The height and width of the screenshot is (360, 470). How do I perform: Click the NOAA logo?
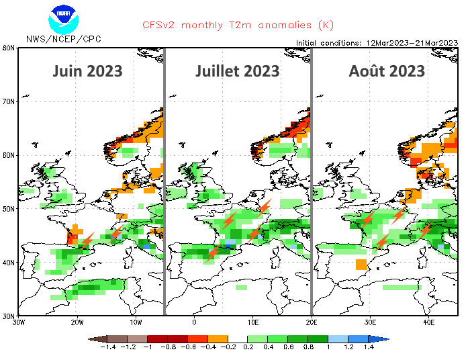[63, 17]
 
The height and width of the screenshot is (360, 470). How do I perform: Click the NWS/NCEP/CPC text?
[63, 39]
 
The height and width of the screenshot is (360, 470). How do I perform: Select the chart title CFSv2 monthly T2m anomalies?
[238, 25]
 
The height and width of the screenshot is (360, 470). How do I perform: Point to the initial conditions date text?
[376, 42]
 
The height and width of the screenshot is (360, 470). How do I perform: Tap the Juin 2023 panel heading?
[87, 71]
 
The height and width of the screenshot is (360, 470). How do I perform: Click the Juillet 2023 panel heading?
[237, 71]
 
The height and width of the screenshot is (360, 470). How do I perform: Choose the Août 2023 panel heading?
[387, 71]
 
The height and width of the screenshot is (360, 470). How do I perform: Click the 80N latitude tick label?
[9, 48]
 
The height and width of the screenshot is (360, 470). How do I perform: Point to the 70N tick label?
[9, 102]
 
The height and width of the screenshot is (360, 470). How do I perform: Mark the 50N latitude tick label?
[9, 209]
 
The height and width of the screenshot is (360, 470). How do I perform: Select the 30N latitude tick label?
[9, 316]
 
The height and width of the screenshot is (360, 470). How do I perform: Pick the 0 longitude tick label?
[193, 322]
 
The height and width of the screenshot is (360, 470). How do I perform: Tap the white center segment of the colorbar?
[238, 339]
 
